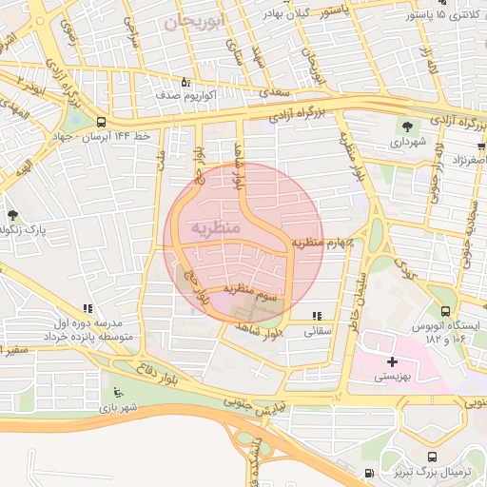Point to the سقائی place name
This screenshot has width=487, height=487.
[x=316, y=332]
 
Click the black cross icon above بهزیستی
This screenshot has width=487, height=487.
[x=392, y=361]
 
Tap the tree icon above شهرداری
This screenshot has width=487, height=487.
[x=408, y=126]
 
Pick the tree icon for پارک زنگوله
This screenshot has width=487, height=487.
[x=12, y=215]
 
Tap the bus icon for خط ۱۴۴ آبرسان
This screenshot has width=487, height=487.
[x=101, y=122]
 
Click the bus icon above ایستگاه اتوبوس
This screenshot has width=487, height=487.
[x=446, y=310]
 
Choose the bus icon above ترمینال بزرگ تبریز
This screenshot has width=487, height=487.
[x=434, y=457]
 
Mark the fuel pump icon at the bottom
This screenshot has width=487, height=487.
[x=368, y=473]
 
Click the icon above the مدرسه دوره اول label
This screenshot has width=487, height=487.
[x=88, y=309]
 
